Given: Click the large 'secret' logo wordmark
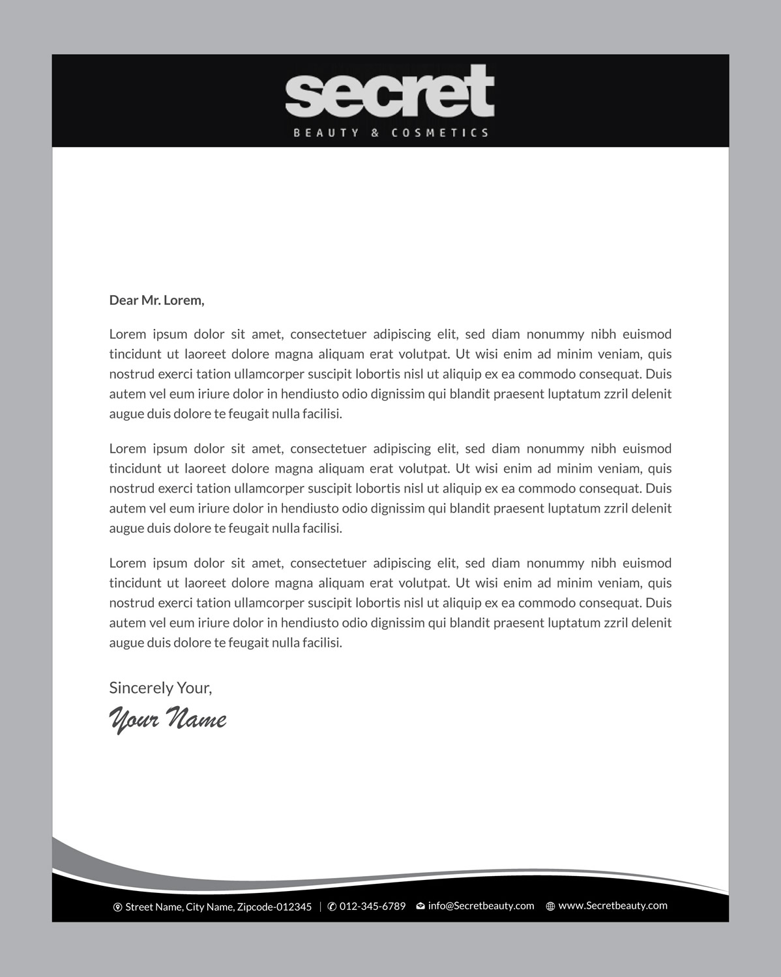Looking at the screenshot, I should pyautogui.click(x=389, y=92).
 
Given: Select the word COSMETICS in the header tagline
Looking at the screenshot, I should pyautogui.click(x=439, y=133).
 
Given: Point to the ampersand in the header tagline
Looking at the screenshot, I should pyautogui.click(x=375, y=133).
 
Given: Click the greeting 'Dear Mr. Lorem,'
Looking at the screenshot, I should pyautogui.click(x=156, y=300).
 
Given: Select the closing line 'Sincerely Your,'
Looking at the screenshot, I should pyautogui.click(x=160, y=688).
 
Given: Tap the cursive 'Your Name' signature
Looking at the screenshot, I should pyautogui.click(x=168, y=719).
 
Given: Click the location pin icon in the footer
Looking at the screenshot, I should pyautogui.click(x=118, y=907).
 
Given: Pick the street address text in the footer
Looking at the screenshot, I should pyautogui.click(x=218, y=907).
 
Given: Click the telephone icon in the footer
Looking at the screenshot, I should pyautogui.click(x=332, y=907).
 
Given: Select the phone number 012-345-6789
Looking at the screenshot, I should pyautogui.click(x=372, y=907).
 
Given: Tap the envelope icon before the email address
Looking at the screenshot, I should pyautogui.click(x=420, y=906).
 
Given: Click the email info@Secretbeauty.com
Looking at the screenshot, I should pyautogui.click(x=481, y=906).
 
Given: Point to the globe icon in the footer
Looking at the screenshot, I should pyautogui.click(x=550, y=906).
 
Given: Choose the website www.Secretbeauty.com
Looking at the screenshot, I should pyautogui.click(x=613, y=905).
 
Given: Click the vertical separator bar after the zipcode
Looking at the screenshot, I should pyautogui.click(x=320, y=907).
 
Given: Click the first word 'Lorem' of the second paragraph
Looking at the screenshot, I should pyautogui.click(x=127, y=449).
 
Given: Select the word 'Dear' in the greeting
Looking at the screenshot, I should pyautogui.click(x=123, y=300).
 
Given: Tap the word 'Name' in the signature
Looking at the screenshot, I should pyautogui.click(x=197, y=719).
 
